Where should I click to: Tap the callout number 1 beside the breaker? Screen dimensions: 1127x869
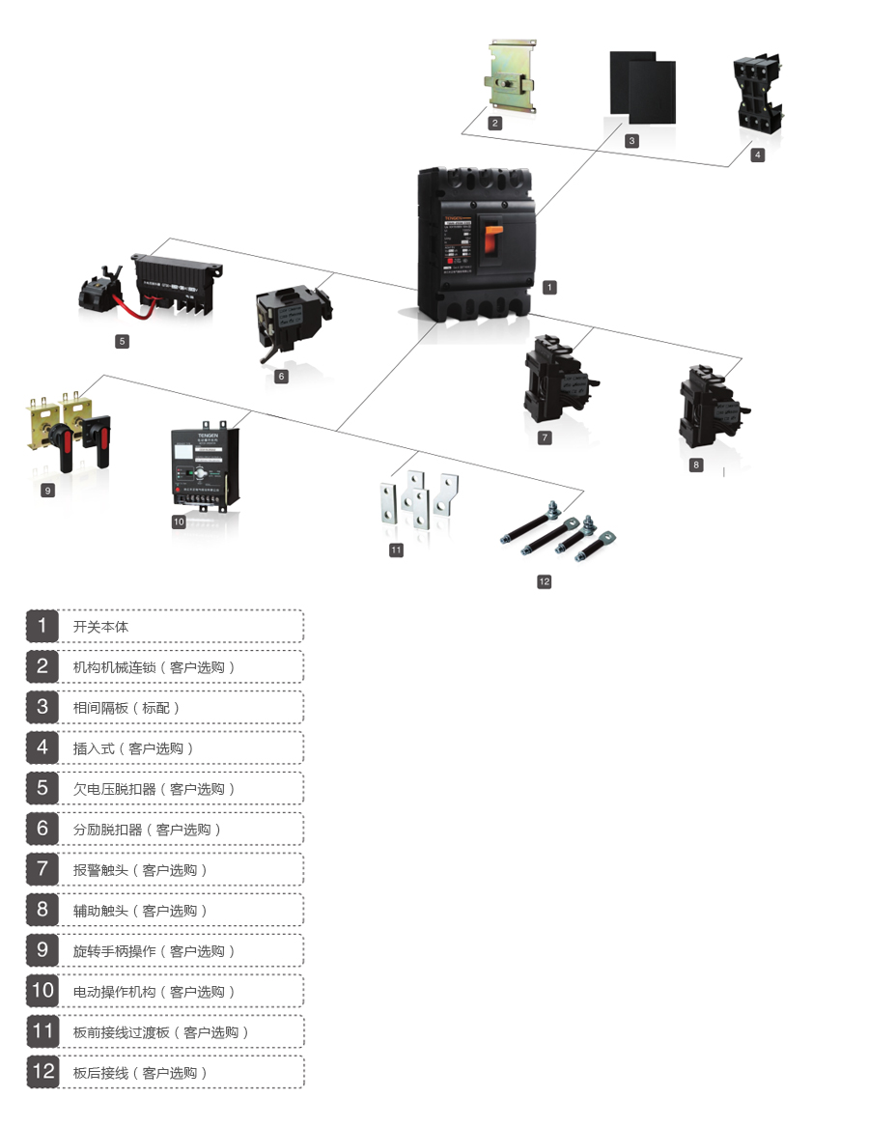coord(549,287)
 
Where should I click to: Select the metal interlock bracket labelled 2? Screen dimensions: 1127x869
coord(513,77)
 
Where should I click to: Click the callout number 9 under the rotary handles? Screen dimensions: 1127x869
coord(48,491)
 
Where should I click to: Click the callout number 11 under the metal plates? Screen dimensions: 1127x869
coord(396,549)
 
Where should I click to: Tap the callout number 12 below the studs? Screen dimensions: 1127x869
coord(545,581)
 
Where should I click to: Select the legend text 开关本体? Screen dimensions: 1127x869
coord(100,627)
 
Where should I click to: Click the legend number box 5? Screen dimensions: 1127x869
coord(42,788)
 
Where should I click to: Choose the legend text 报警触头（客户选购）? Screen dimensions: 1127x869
coord(140,870)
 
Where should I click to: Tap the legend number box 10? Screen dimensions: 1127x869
coord(42,991)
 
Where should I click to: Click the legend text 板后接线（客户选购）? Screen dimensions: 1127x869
coord(140,1073)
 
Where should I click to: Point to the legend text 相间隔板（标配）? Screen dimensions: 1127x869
coord(126,708)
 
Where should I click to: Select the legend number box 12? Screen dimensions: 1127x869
coord(42,1072)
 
